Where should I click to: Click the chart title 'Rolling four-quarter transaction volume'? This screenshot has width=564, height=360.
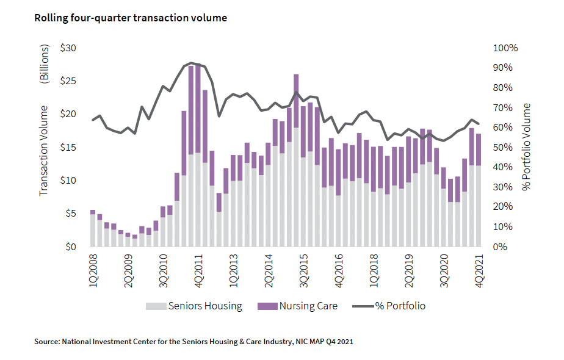coord(130,18)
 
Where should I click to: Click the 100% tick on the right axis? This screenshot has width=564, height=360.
coord(504,48)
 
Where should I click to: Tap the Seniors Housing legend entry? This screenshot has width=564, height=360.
coord(193,306)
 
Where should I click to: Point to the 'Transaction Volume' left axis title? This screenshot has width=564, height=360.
coord(43,155)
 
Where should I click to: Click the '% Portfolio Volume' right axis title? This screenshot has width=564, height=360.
coord(527,147)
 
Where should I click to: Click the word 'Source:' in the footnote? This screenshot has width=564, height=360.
coord(47,342)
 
